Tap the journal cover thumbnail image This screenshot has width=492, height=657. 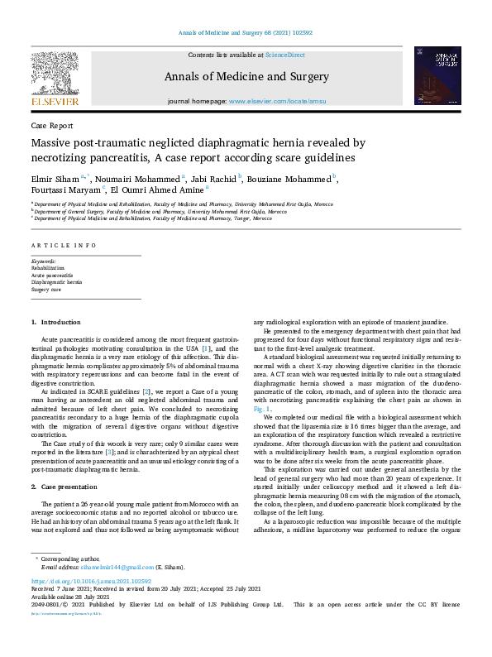click(437, 75)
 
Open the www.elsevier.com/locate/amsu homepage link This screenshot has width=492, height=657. click(275, 101)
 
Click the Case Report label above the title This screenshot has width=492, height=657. click(52, 126)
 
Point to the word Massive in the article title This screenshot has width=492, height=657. click(55, 143)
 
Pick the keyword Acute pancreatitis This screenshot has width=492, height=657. click(52, 275)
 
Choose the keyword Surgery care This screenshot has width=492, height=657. click(46, 290)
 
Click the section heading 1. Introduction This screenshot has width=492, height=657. click(56, 321)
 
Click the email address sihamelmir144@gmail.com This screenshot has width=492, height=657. click(107, 566)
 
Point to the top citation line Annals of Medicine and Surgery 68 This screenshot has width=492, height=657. click(246, 33)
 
